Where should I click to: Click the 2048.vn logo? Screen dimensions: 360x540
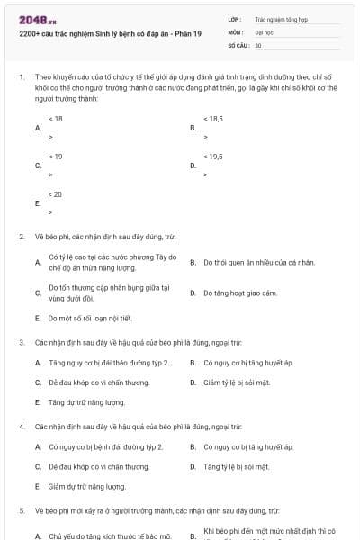(31, 19)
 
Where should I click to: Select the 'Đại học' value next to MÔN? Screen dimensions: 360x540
(262, 31)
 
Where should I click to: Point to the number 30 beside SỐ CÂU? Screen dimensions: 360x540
(258, 45)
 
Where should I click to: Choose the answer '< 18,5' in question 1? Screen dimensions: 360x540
(213, 119)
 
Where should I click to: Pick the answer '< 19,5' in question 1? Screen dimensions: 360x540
(213, 157)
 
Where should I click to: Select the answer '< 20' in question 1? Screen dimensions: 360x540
(56, 194)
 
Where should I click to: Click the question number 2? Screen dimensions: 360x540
(22, 237)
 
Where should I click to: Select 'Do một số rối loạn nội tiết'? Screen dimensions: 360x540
(90, 318)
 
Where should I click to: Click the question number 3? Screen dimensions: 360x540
(22, 342)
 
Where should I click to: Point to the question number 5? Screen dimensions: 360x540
(22, 510)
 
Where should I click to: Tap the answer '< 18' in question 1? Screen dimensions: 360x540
(56, 119)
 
